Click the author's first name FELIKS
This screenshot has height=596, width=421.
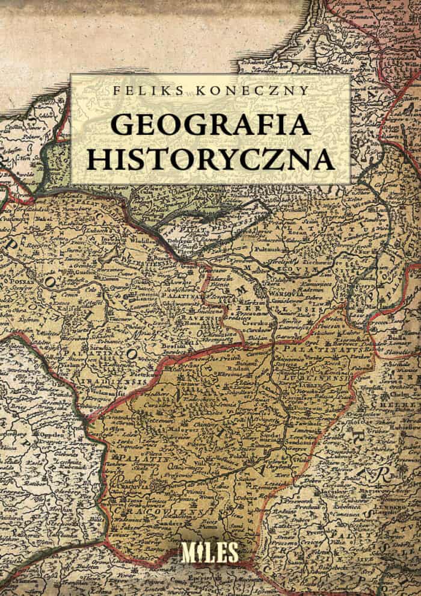click(138, 91)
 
